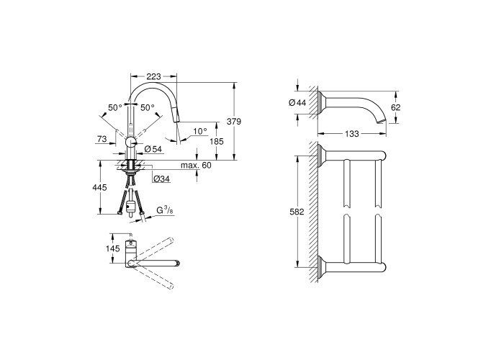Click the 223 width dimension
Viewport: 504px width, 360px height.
[153, 76]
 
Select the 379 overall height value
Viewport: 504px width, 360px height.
[234, 122]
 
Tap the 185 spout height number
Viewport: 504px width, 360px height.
[216, 141]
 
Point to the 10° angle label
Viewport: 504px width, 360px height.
[200, 131]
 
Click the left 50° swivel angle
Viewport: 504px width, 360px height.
[115, 108]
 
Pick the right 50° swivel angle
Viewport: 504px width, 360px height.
[147, 108]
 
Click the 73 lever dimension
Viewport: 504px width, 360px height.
[102, 139]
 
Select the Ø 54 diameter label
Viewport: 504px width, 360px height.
[153, 149]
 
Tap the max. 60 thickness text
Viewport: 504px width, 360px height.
[196, 165]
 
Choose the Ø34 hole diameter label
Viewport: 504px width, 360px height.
[162, 179]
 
